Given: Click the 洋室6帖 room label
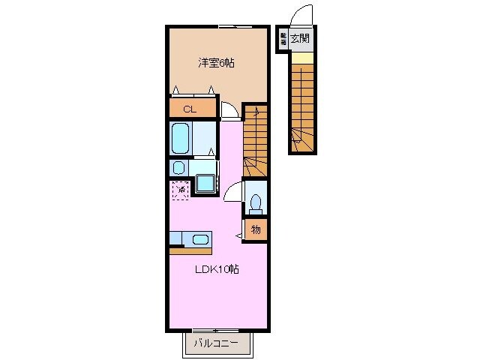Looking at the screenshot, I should [216, 64].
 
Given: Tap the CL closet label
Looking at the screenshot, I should [190, 109].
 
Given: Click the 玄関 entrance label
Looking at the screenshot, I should [300, 38].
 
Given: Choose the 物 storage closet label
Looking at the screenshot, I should [256, 229].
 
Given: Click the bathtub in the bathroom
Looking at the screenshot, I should [180, 138].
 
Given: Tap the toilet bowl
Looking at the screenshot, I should [256, 201].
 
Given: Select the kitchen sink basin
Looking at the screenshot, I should [200, 240].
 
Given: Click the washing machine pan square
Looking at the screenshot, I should [205, 184].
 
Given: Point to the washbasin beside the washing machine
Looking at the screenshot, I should [178, 167].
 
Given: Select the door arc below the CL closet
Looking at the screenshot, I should [229, 110].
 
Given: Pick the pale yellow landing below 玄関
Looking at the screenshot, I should [300, 57].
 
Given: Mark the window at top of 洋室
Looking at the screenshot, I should [235, 26].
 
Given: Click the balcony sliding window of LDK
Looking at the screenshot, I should [216, 331].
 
